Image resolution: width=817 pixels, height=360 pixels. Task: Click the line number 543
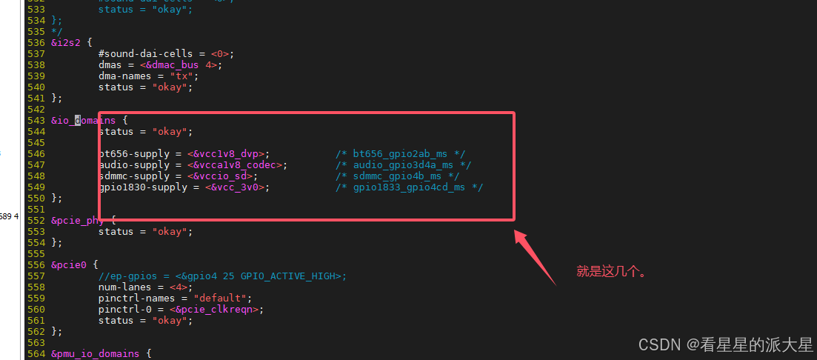coord(36,120)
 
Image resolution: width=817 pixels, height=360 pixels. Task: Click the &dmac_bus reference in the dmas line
coord(175,64)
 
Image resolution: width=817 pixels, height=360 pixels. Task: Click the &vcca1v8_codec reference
coord(236,164)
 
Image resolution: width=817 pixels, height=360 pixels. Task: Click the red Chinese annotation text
coord(612,272)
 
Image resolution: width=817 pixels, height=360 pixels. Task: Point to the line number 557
coord(36,276)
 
